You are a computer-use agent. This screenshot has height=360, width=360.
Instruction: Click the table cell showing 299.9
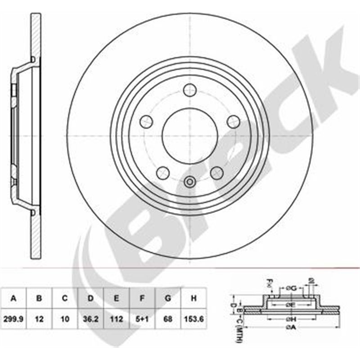click(x=13, y=319)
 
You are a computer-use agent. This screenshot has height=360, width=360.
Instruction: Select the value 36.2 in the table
click(x=91, y=319)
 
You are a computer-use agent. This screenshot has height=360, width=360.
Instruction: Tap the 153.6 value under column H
click(x=194, y=319)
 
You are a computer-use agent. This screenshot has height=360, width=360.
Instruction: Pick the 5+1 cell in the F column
click(x=142, y=319)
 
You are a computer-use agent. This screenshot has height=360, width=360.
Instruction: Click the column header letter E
click(x=117, y=298)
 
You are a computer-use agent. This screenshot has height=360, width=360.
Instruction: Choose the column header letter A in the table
click(x=13, y=298)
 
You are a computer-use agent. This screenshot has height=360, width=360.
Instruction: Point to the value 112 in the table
click(x=117, y=319)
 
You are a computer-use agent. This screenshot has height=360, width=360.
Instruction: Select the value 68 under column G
click(x=168, y=319)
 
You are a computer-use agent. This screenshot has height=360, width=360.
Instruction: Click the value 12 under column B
click(x=39, y=319)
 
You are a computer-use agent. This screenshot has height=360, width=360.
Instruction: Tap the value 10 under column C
click(x=65, y=319)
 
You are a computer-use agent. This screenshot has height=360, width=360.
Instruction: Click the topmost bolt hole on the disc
click(x=190, y=90)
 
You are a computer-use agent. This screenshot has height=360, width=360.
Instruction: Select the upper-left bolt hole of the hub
click(x=146, y=121)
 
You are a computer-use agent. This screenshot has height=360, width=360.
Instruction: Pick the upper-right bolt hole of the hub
click(x=234, y=121)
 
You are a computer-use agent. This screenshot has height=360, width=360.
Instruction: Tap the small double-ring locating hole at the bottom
click(x=190, y=182)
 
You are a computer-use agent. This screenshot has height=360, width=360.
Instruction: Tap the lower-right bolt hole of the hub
click(x=217, y=172)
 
